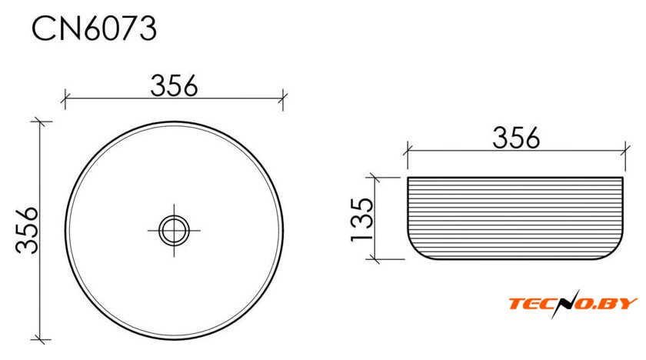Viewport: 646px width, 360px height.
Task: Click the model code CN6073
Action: pyautogui.click(x=95, y=28)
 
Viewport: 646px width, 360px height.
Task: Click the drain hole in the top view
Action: pyautogui.click(x=174, y=230)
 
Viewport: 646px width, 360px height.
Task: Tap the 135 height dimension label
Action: pyautogui.click(x=362, y=219)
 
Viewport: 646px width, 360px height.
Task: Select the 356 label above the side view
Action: pyautogui.click(x=516, y=138)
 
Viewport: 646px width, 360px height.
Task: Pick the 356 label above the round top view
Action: pyautogui.click(x=174, y=85)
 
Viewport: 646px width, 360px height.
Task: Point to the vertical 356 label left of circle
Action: pyautogui.click(x=27, y=230)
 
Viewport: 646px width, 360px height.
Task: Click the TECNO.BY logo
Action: pyautogui.click(x=573, y=304)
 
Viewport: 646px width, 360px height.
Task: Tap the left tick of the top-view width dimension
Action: pyautogui.click(x=65, y=99)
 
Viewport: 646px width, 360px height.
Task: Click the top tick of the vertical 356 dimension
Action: pyautogui.click(x=39, y=122)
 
